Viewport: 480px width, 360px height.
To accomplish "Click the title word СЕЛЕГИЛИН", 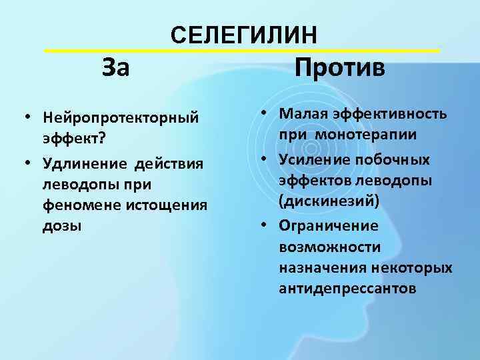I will [244, 35].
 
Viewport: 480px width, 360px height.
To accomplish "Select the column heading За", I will [116, 67].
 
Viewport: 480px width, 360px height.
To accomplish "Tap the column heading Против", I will [340, 67].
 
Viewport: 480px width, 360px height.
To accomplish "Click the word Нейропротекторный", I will [121, 117].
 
